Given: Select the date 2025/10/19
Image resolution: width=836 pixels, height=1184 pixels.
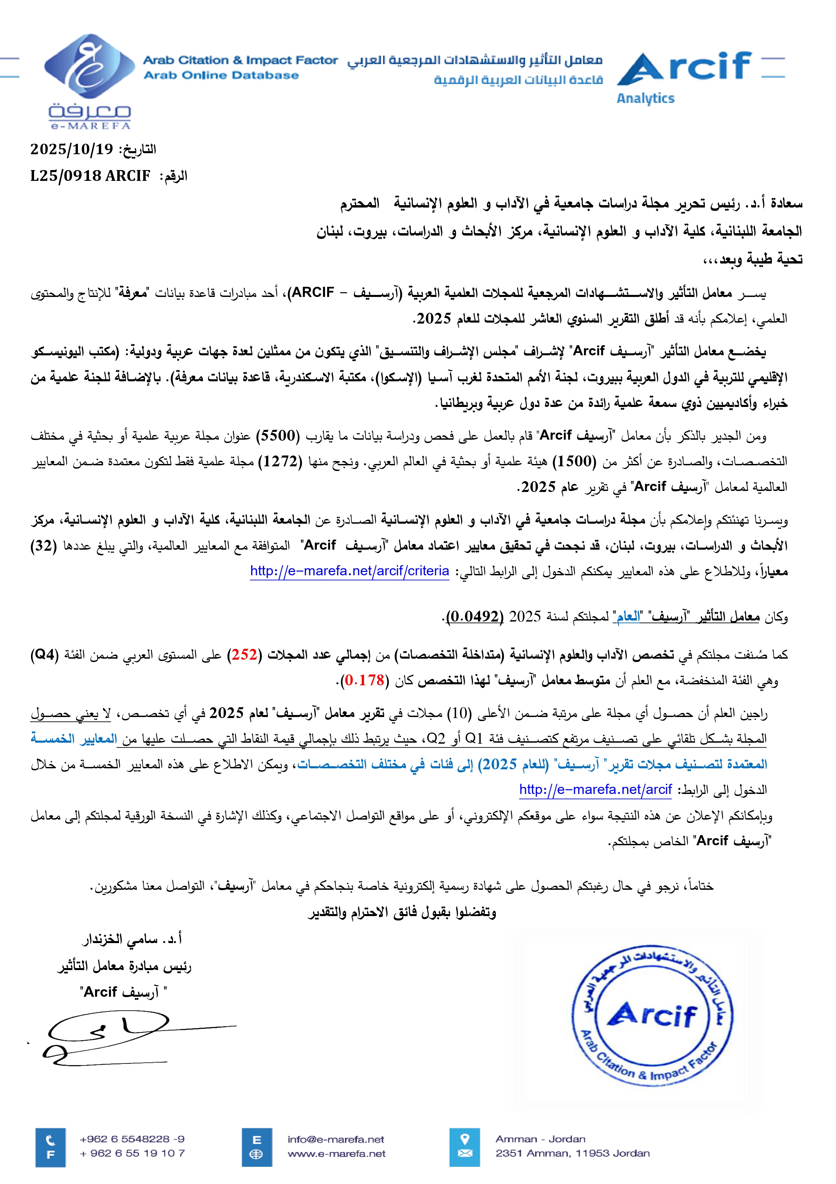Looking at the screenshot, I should coord(71,149).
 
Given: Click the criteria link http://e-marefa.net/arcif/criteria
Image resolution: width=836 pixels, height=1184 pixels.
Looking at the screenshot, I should coord(349,571).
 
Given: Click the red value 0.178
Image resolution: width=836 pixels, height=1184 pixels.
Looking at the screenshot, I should coord(365,681).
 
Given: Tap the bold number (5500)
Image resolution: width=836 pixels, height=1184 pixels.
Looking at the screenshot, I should coord(277,436).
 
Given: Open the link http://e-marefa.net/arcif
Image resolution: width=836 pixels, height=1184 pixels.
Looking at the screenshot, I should coord(595,790).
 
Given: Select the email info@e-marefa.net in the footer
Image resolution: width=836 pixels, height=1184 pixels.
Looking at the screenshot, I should coord(336,1139).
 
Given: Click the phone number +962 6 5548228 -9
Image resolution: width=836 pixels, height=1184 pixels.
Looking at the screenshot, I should coord(132,1139).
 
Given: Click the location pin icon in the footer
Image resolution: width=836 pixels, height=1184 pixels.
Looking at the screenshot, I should coord(464,1139).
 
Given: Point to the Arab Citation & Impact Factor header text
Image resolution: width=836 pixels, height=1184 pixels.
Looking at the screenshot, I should coord(240,60).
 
